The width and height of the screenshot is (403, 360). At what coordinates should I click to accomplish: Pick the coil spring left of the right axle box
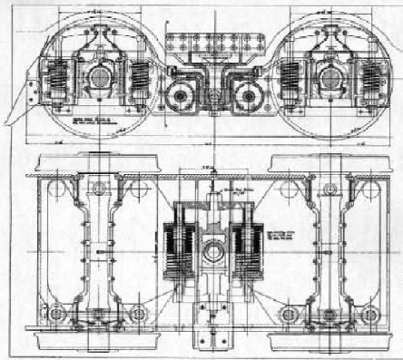[289, 80]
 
